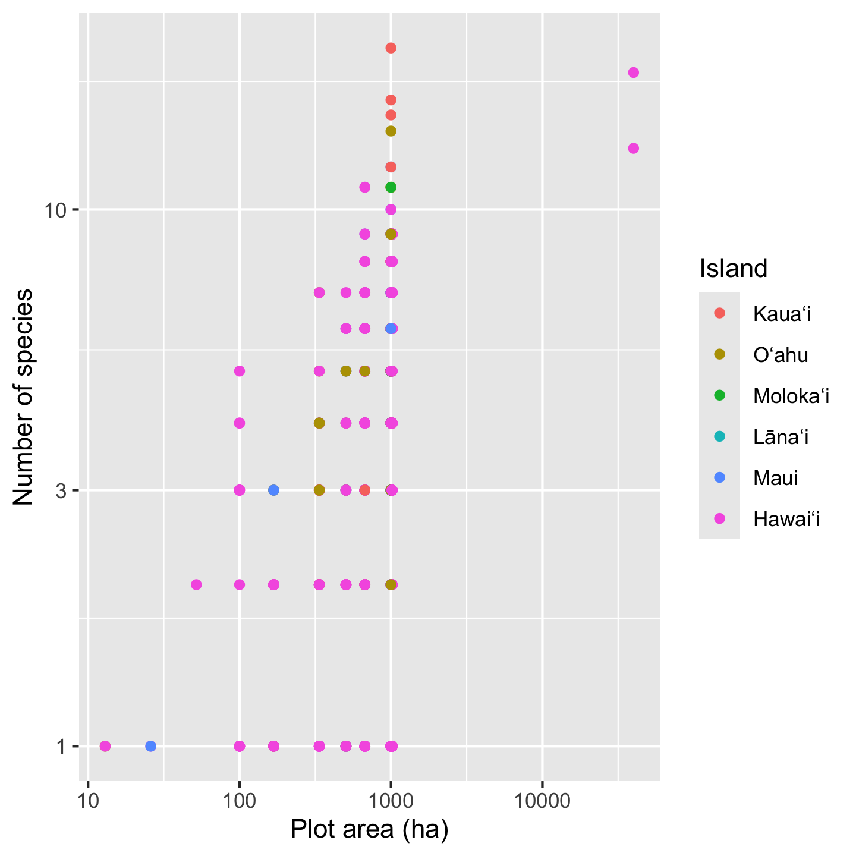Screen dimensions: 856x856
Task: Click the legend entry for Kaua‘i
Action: (782, 313)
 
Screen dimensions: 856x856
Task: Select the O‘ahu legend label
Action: (781, 355)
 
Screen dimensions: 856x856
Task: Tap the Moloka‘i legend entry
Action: (791, 396)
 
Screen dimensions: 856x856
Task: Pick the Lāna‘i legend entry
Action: (781, 438)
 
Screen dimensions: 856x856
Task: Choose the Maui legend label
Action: (775, 478)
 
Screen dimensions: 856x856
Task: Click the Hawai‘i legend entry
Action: (786, 519)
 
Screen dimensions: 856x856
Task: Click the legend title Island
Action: (734, 269)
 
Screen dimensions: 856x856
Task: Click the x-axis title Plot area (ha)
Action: (369, 830)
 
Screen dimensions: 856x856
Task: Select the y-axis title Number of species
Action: (24, 397)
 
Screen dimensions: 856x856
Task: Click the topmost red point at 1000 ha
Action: (391, 48)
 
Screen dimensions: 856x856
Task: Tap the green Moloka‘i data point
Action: (391, 187)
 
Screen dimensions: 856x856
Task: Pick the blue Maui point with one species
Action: (150, 746)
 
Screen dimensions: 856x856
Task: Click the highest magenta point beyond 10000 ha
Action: (633, 73)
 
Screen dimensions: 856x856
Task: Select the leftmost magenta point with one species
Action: (105, 746)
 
